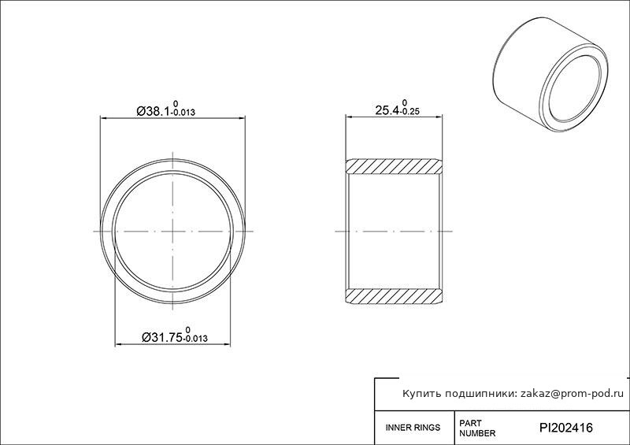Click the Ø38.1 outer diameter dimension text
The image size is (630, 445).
click(154, 110)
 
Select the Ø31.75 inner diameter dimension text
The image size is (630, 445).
click(162, 337)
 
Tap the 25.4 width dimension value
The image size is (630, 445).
click(387, 109)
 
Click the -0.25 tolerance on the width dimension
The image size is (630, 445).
click(409, 112)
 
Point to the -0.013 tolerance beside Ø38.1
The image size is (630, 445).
click(183, 113)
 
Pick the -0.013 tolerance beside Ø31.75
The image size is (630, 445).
click(195, 339)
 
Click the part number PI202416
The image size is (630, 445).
click(565, 428)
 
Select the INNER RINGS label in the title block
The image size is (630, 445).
click(413, 428)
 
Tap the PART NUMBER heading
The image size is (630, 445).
click(477, 428)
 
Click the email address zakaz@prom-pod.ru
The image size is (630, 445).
click(573, 394)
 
